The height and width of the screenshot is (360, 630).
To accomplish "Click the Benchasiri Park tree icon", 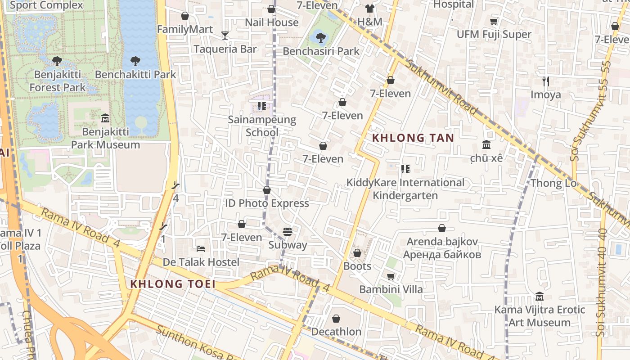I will point(320,36).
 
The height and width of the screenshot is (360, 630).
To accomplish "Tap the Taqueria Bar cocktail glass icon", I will point(225,35).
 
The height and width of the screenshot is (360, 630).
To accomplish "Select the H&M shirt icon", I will point(370,9).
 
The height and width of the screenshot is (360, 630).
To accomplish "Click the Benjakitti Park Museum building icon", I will point(105,118).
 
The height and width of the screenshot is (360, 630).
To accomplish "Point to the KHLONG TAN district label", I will point(413,138).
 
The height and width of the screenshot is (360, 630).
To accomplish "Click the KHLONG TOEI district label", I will point(172,284).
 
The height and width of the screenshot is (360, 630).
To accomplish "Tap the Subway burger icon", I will point(288,232).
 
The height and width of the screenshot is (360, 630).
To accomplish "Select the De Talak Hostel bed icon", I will point(201,248).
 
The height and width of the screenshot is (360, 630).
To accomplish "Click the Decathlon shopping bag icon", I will point(336,319).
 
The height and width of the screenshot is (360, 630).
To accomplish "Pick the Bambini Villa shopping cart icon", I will point(391,276).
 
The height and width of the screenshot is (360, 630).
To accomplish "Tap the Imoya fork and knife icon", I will point(545,81).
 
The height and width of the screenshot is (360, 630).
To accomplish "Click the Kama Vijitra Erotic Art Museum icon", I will point(540,297).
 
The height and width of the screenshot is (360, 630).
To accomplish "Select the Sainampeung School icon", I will point(261,106).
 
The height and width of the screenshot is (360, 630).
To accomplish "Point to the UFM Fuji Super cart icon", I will point(494,21).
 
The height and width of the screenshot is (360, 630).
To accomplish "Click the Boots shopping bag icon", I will point(357,253).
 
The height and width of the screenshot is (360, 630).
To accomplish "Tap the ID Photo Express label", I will point(267,203).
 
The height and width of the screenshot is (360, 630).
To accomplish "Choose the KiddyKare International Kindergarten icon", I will point(405,169).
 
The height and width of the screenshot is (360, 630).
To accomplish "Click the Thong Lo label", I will point(553,183).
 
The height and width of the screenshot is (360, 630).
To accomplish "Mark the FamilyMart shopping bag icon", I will point(184,16).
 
